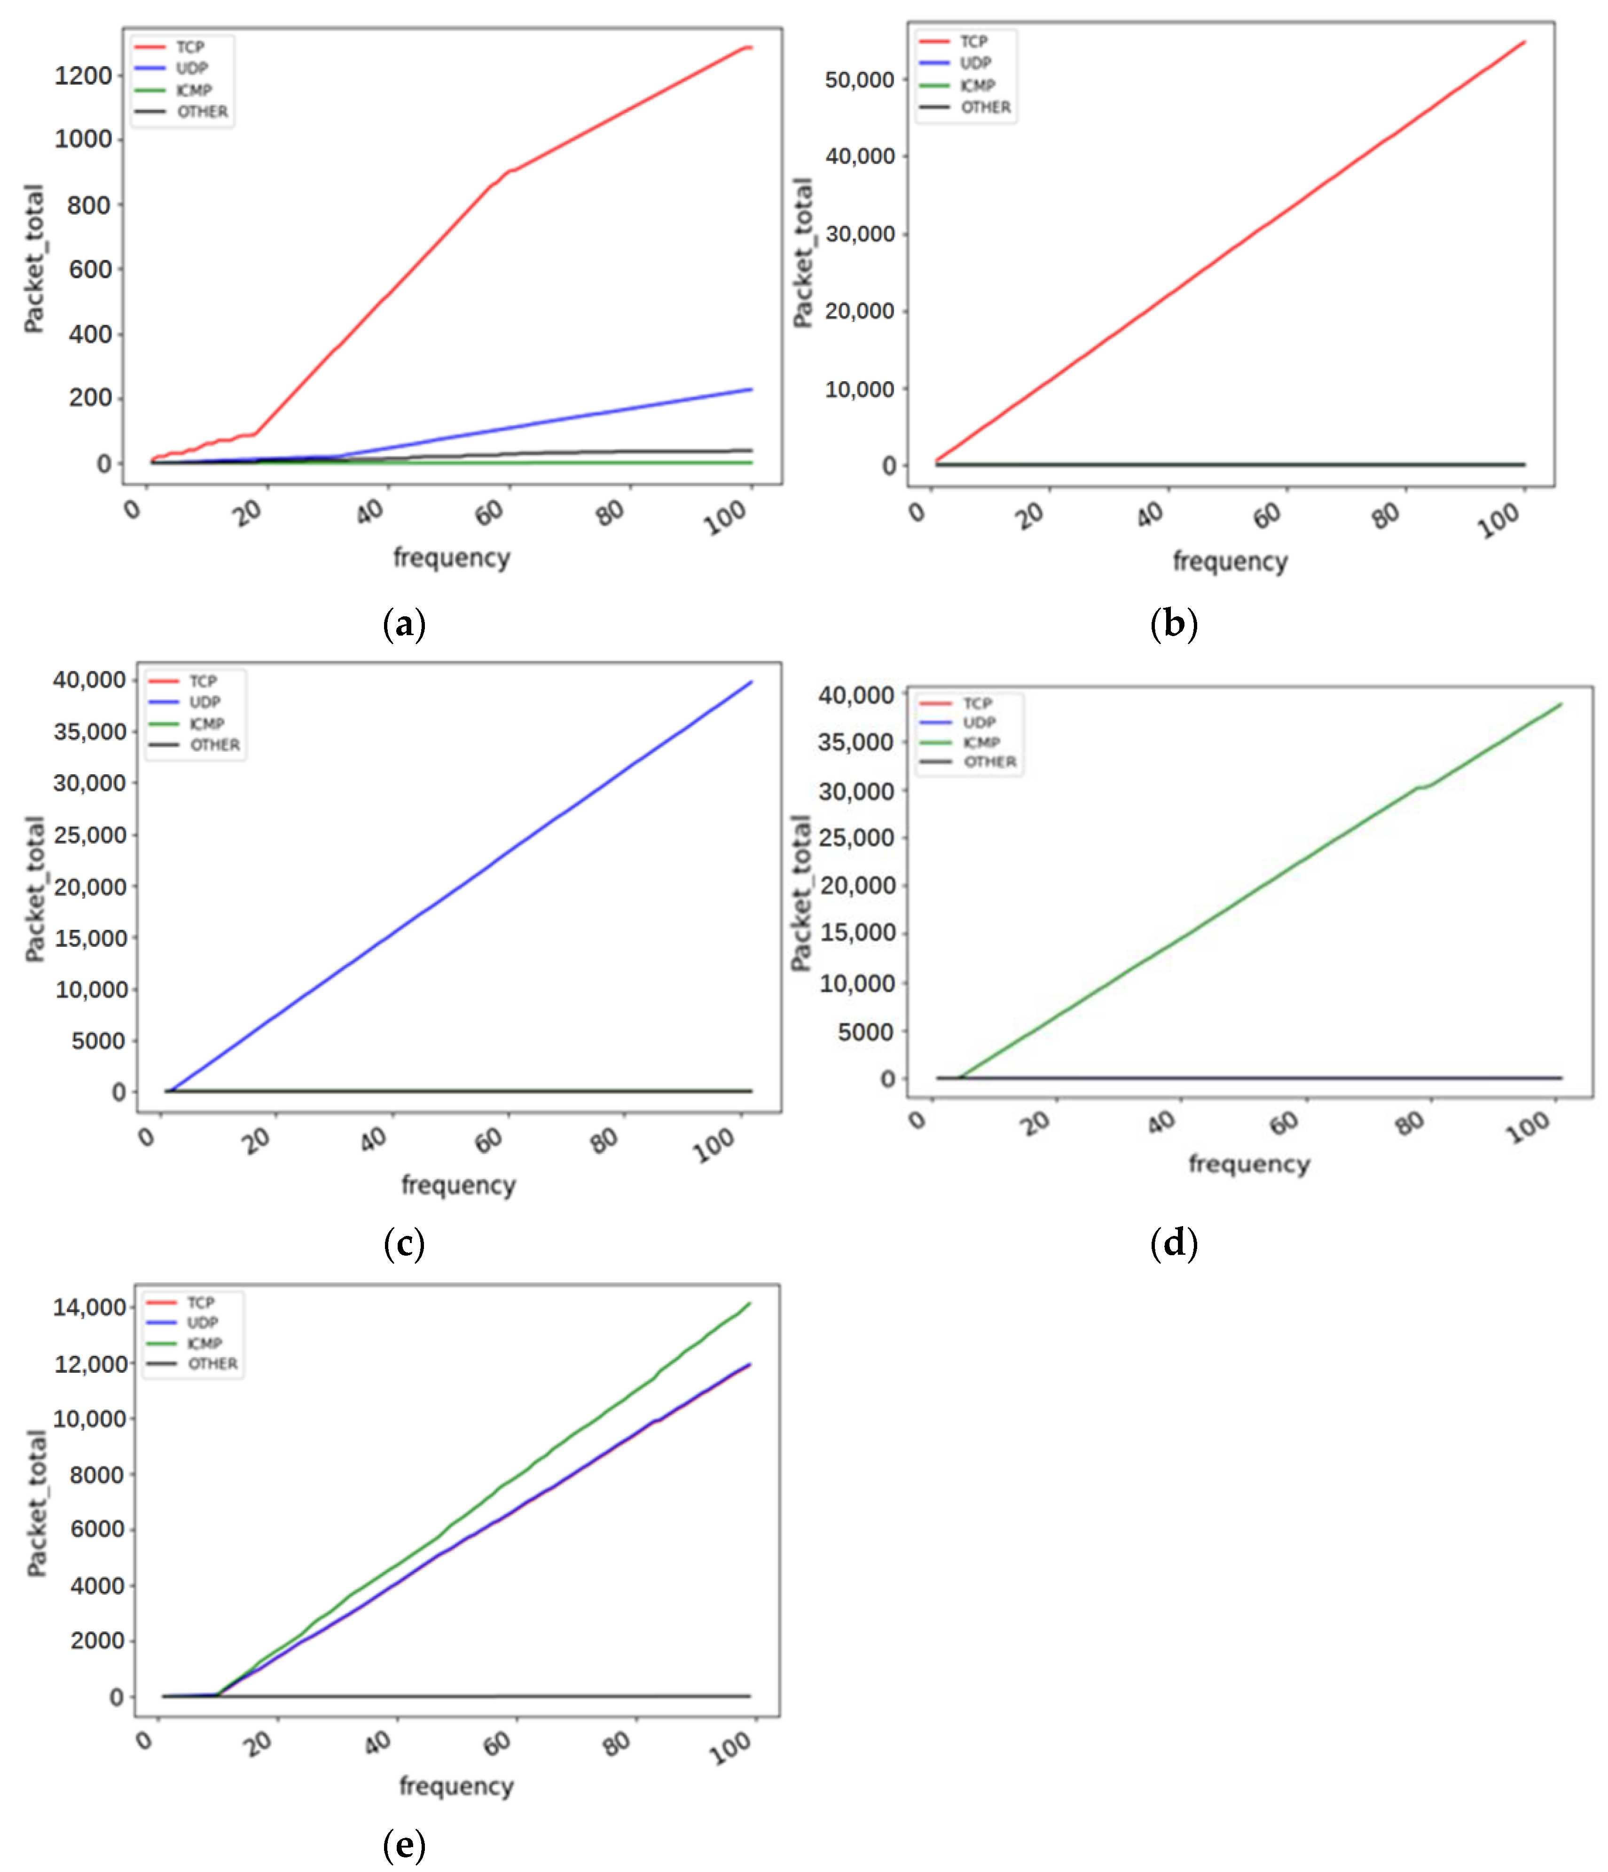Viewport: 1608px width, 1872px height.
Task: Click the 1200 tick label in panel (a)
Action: pos(83,76)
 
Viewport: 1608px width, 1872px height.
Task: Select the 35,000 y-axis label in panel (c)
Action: pos(89,731)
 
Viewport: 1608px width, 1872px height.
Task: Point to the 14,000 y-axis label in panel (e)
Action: pos(89,1307)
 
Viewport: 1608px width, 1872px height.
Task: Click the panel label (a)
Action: pos(404,624)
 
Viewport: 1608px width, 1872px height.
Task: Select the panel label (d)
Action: pos(1174,1243)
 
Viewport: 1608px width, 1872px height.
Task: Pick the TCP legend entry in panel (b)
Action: pos(973,41)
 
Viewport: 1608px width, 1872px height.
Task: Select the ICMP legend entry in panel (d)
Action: pos(981,742)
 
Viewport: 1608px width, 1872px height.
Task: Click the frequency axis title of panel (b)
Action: pos(1230,562)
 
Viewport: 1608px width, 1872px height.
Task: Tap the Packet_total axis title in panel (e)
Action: pos(36,1504)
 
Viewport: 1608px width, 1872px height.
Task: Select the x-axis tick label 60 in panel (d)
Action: pos(1284,1124)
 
